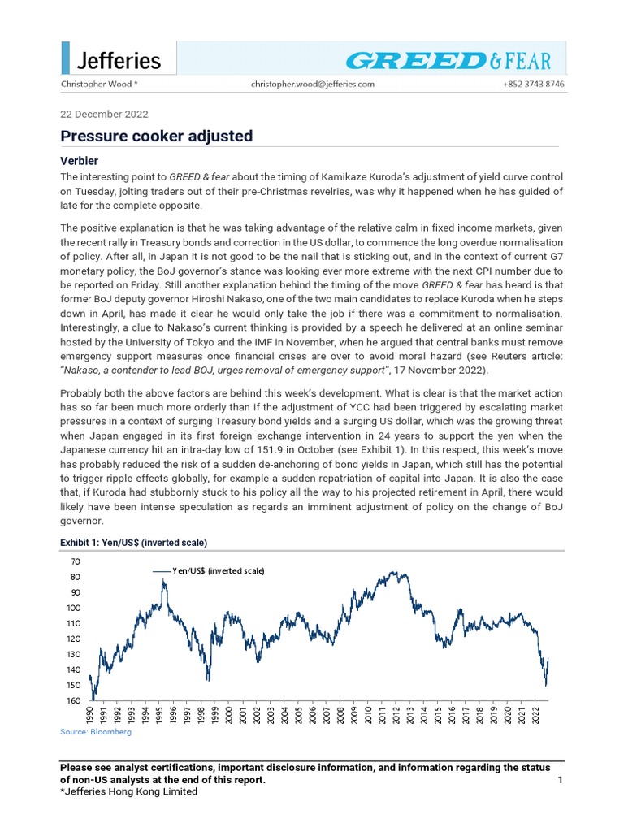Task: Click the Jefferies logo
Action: (x=118, y=60)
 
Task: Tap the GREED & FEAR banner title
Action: (x=448, y=60)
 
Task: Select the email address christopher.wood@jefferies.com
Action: (x=313, y=84)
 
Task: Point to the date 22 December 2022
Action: (x=104, y=115)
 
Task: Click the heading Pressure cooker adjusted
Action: (x=157, y=136)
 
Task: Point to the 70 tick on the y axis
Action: (x=76, y=561)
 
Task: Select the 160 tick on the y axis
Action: (x=73, y=700)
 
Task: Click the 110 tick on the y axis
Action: (x=73, y=623)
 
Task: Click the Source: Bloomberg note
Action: (x=96, y=732)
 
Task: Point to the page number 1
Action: (x=560, y=780)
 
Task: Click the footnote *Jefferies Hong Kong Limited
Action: (x=129, y=792)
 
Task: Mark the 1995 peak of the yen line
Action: (x=163, y=580)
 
